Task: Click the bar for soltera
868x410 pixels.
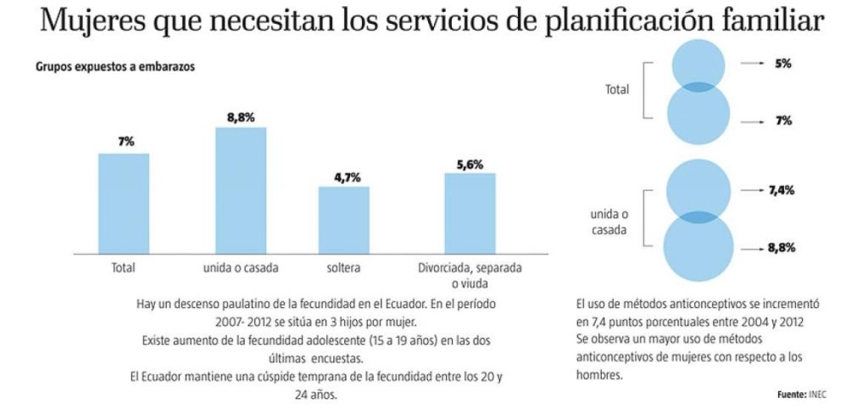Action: pyautogui.click(x=344, y=220)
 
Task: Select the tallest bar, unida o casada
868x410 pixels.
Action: pyautogui.click(x=241, y=190)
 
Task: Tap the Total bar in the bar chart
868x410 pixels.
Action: pyautogui.click(x=124, y=203)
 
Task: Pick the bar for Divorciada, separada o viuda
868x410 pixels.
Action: pyautogui.click(x=470, y=213)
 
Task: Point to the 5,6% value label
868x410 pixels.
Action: pyautogui.click(x=470, y=165)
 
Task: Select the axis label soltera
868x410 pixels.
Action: pyautogui.click(x=344, y=267)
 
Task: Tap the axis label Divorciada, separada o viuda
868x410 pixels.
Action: pyautogui.click(x=470, y=275)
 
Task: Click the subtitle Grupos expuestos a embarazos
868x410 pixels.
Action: pyautogui.click(x=115, y=67)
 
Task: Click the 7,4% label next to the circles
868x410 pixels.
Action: pyautogui.click(x=781, y=191)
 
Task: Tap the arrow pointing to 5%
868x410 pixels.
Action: pyautogui.click(x=752, y=64)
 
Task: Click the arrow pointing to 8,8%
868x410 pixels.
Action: pyautogui.click(x=752, y=248)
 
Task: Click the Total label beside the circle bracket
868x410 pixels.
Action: pyautogui.click(x=617, y=88)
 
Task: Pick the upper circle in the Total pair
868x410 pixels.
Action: pyautogui.click(x=698, y=62)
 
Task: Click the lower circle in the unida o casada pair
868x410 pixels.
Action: pyautogui.click(x=698, y=248)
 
